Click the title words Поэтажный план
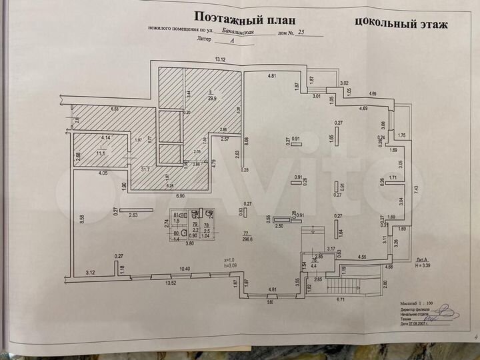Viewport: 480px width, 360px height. [243, 17]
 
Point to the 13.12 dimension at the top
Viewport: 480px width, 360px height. [220, 60]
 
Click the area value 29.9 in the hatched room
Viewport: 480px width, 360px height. [211, 99]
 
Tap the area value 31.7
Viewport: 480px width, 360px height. [145, 169]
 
